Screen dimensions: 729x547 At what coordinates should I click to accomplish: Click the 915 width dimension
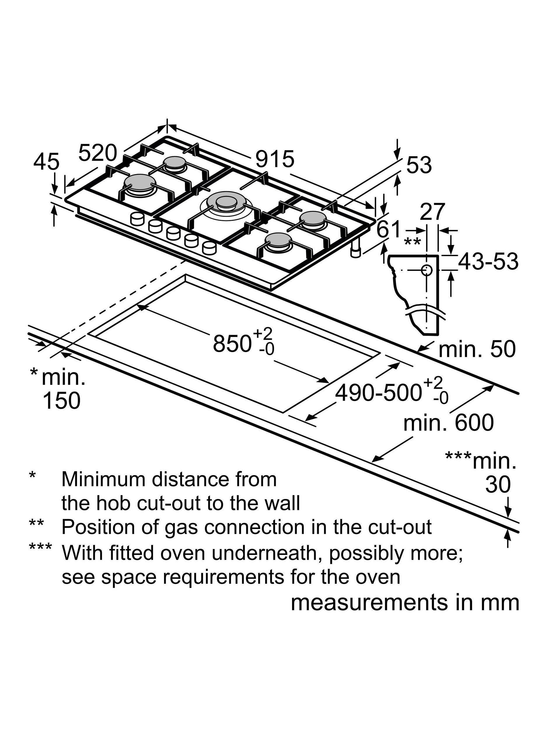[275, 159]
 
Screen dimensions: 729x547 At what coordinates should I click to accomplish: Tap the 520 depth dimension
[98, 153]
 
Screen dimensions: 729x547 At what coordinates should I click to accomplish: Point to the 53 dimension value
[419, 165]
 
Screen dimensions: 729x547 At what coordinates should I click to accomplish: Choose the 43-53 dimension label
[488, 261]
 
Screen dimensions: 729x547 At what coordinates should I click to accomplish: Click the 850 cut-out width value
[231, 344]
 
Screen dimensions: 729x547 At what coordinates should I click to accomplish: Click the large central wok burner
[226, 202]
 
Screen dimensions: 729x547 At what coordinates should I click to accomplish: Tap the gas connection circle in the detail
[426, 270]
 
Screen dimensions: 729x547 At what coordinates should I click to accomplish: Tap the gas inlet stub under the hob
[356, 250]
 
